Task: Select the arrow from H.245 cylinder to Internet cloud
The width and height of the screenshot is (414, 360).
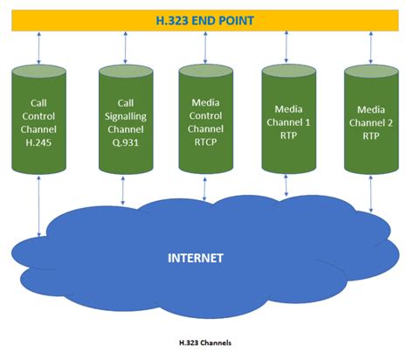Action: (x=39, y=205)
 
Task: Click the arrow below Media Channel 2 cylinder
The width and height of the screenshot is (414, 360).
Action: (x=372, y=194)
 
